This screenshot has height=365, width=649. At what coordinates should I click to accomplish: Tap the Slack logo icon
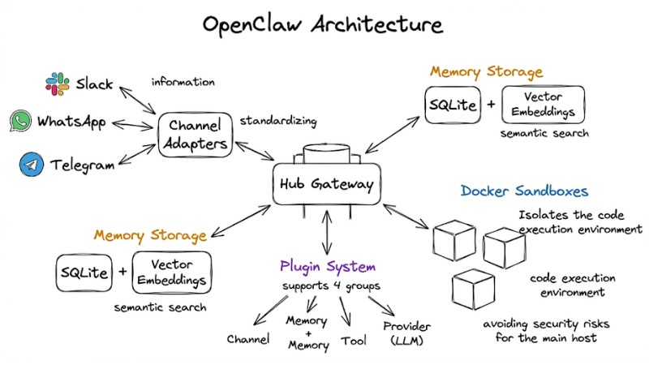tap(57, 84)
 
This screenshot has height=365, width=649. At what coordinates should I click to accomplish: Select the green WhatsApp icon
tap(20, 122)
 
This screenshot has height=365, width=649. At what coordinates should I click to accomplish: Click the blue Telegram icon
tap(31, 165)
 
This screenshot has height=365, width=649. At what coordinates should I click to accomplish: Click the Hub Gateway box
tap(327, 184)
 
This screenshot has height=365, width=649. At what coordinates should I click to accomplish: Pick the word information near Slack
tap(183, 82)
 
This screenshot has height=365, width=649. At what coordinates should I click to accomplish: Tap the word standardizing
tap(278, 121)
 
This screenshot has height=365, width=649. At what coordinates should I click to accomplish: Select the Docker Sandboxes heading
tap(524, 191)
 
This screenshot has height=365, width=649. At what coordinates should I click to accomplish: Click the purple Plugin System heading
tap(327, 266)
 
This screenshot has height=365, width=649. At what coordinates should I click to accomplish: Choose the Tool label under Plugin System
tap(354, 341)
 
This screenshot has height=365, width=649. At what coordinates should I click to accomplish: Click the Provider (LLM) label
tap(406, 333)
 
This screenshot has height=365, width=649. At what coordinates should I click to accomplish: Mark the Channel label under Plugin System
tap(247, 339)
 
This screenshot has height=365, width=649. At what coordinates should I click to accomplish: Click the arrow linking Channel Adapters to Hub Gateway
tap(253, 154)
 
